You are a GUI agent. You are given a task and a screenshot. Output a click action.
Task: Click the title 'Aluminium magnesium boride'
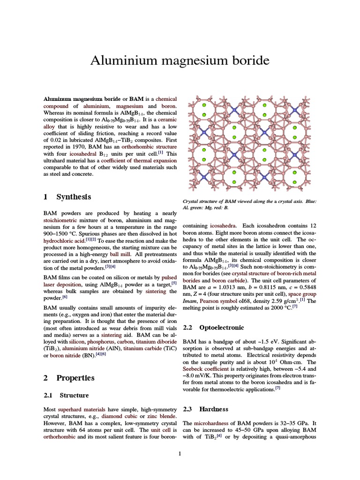[180, 60]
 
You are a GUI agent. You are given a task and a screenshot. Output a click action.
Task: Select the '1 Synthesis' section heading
[67, 196]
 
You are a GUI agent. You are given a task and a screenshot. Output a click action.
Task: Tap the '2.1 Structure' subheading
[66, 395]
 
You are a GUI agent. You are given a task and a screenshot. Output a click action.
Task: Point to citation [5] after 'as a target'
[173, 283]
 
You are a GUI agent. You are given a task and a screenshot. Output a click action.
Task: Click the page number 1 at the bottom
[180, 453]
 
